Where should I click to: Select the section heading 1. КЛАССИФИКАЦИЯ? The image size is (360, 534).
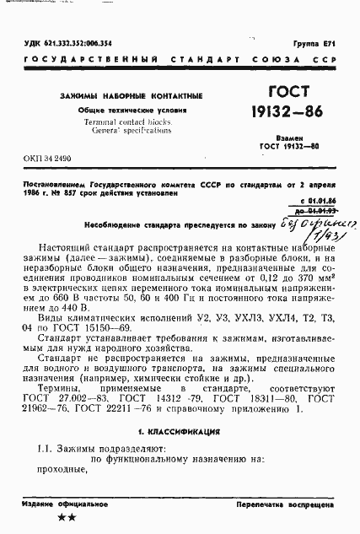[180, 429]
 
